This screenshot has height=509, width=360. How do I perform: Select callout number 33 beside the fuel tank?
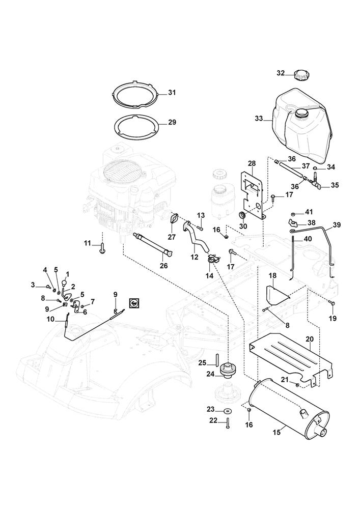259,119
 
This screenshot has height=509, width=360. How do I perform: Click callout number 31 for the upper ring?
172,93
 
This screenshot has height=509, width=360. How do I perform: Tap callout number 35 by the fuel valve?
335,185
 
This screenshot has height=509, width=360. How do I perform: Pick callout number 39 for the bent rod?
337,225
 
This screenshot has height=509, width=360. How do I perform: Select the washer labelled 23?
226,410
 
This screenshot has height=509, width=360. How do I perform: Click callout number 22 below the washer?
212,420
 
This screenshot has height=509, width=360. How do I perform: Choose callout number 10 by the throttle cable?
50,319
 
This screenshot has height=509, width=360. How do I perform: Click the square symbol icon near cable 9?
135,302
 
